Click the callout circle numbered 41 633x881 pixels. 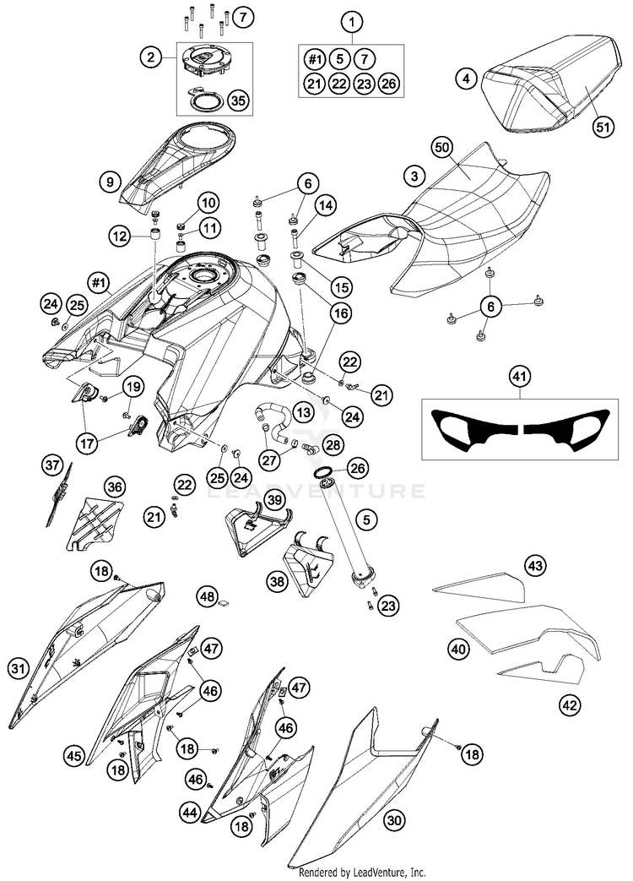[519, 377]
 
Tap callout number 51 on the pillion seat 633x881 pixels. [603, 127]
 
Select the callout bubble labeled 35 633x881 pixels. [239, 101]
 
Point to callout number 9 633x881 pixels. [110, 182]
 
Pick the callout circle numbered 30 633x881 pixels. [394, 821]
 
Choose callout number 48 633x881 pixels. [208, 595]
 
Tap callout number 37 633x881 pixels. [52, 465]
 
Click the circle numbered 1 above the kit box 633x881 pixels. [352, 23]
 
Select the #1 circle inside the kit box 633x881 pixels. [315, 58]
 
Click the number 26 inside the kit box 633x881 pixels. [389, 84]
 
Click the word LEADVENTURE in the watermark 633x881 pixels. [316, 491]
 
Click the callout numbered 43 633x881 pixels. [535, 565]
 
